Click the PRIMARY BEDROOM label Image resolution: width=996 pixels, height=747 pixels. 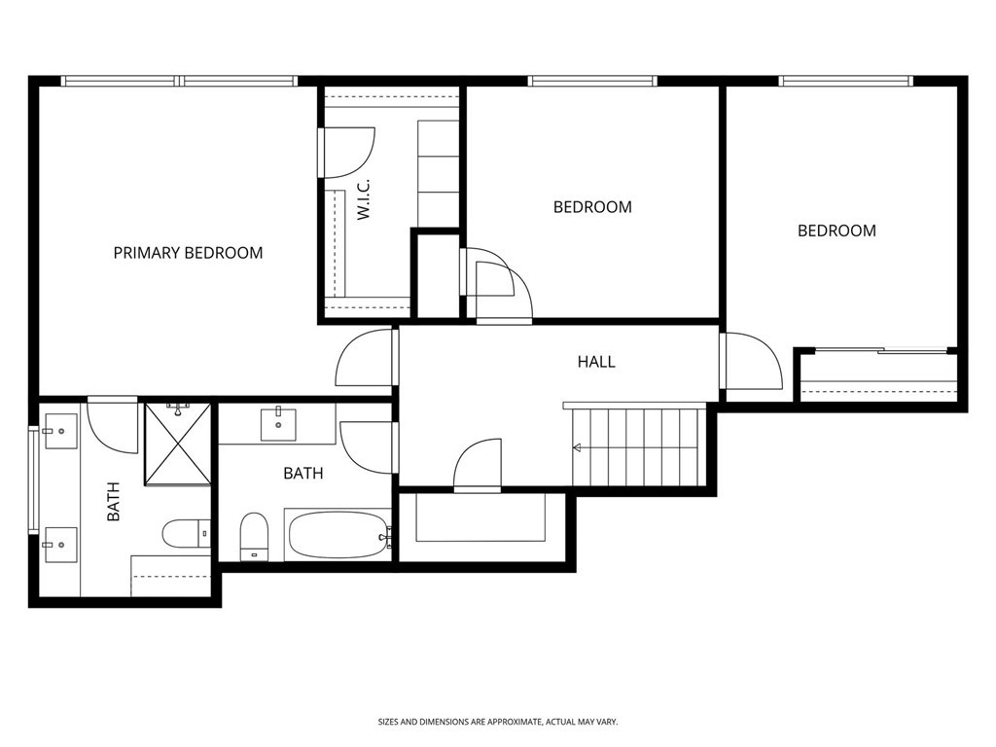(x=188, y=253)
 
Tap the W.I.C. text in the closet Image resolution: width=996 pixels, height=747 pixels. (x=365, y=199)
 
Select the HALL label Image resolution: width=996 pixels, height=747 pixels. (x=596, y=362)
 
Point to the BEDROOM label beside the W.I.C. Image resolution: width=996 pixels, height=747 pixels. (x=592, y=207)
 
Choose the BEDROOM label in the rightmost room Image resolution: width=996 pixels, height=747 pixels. (x=836, y=231)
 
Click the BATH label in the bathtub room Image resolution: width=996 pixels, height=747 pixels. (x=303, y=474)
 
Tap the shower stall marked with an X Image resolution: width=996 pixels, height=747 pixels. (x=177, y=443)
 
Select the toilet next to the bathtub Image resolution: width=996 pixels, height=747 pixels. (x=253, y=536)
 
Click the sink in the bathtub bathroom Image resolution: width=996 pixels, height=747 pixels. (x=278, y=423)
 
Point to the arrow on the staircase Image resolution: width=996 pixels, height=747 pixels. (x=577, y=447)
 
